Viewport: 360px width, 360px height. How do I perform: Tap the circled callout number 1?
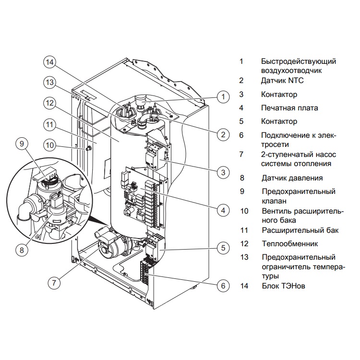click(223, 96)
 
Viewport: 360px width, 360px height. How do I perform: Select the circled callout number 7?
click(54, 283)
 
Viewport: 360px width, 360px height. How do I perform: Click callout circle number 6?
click(223, 286)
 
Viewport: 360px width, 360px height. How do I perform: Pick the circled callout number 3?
click(223, 171)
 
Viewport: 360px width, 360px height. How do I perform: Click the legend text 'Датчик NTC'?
click(282, 81)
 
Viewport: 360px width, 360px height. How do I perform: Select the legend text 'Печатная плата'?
click(289, 108)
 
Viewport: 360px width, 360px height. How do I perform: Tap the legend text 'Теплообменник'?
click(289, 244)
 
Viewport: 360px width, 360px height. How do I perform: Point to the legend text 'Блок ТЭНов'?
click(283, 286)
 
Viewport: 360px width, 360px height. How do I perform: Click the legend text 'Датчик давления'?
click(292, 178)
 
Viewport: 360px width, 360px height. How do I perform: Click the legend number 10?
click(244, 211)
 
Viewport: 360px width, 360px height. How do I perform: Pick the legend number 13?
click(244, 257)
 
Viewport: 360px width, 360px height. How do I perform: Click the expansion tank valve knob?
click(88, 149)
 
